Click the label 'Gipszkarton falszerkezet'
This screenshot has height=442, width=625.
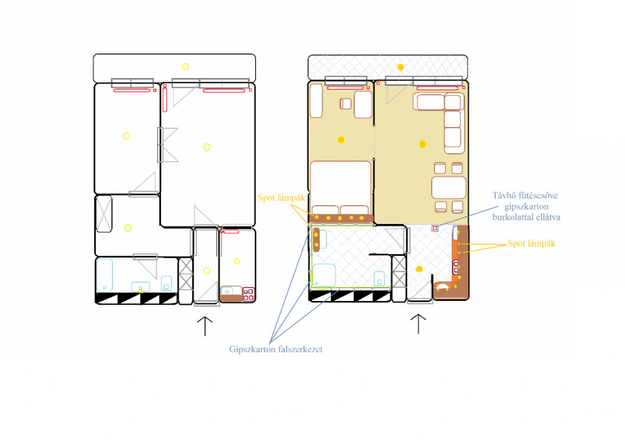pos(276,350)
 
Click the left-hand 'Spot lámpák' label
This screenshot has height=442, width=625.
pos(281,198)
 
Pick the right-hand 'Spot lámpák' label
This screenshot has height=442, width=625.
pos(532,244)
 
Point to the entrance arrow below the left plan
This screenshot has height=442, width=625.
pos(205,327)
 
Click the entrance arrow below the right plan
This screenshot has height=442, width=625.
pos(418,324)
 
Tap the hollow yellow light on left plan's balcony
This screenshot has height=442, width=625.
pos(186,67)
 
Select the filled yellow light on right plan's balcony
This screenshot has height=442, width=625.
pos(400,67)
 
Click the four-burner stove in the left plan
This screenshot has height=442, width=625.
pos(249,294)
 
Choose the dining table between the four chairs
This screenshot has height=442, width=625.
pos(449,187)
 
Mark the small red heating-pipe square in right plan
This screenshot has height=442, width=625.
pos(435,228)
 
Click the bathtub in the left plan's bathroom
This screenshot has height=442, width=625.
pos(104,275)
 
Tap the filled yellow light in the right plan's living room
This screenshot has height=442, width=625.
pos(422,144)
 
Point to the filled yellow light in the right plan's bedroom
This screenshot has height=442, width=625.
pos(341,139)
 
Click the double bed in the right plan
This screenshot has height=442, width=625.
pos(341,188)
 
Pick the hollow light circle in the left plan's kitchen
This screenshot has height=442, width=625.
pos(237,261)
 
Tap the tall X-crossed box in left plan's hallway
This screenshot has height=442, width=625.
pos(104,214)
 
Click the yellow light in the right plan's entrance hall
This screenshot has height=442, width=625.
pos(419,269)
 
